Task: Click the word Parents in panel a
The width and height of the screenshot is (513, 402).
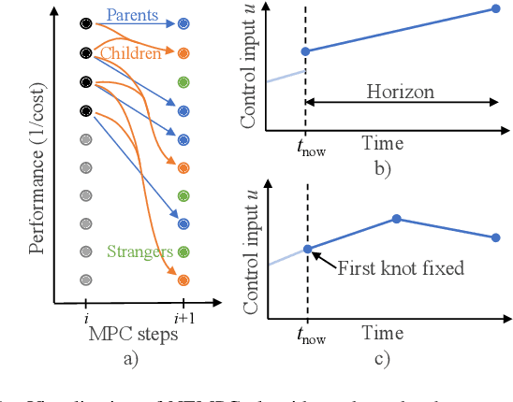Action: tap(130, 15)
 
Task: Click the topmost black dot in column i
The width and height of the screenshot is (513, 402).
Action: tap(86, 22)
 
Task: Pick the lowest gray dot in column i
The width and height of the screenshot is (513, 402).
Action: tap(86, 280)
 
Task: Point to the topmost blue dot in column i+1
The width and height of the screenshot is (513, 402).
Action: tap(183, 22)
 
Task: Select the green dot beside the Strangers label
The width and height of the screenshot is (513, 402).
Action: tap(183, 251)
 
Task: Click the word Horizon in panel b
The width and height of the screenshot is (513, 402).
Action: tap(400, 93)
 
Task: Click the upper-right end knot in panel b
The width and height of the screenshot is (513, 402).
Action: tap(496, 9)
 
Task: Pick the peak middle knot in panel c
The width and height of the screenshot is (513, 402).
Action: tap(397, 219)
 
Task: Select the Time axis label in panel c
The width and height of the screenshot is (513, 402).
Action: tap(383, 332)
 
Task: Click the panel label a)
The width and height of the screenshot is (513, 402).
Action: tap(132, 357)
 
